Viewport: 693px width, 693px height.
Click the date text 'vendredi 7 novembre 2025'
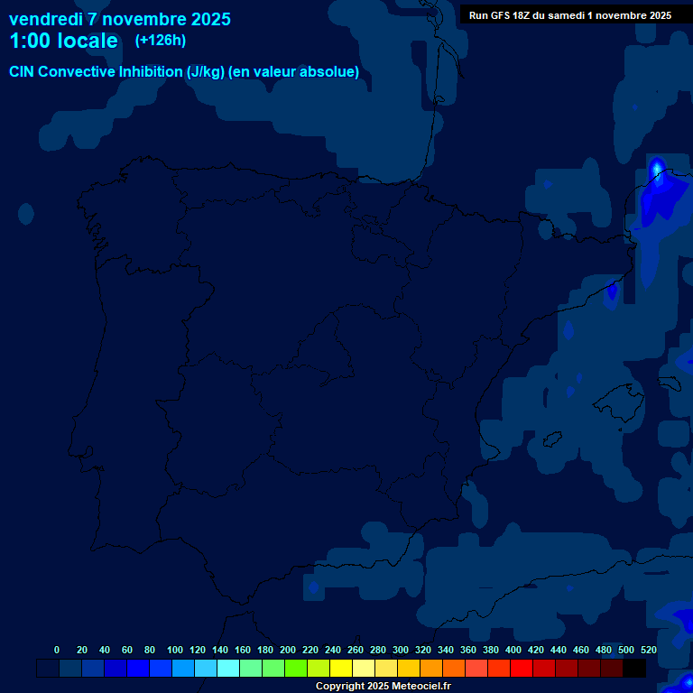(119, 19)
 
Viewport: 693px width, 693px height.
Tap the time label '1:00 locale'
(63, 41)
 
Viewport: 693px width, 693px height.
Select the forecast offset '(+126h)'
(160, 40)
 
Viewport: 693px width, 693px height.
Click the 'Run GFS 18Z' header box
(569, 14)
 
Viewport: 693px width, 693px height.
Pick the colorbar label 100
(175, 650)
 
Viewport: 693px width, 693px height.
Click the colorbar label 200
(288, 650)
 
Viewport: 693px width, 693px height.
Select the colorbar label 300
(401, 650)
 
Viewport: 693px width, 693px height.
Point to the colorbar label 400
(513, 650)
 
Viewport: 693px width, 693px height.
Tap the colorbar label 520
(648, 650)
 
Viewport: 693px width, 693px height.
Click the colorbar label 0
(57, 650)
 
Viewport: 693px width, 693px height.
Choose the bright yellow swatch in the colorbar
(341, 669)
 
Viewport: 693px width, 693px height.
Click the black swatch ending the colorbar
(634, 669)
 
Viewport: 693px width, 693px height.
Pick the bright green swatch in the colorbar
(296, 669)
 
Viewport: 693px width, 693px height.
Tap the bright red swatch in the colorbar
(522, 669)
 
